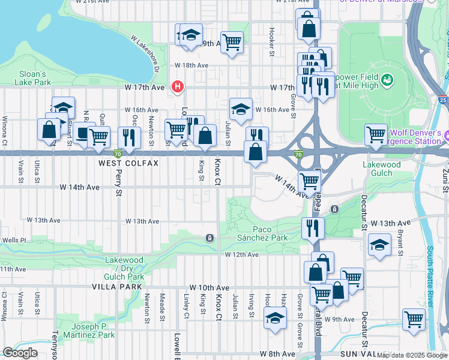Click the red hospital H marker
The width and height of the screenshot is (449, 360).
177,87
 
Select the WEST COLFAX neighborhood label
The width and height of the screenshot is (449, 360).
128,163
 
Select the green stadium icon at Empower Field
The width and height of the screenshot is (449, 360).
387,79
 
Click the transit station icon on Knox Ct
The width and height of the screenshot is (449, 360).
209,238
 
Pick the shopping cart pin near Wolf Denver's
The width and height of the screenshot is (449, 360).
376,134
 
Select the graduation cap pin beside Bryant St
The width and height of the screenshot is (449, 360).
379,245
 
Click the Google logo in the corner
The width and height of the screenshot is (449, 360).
20,353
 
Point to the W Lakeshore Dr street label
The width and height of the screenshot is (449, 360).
145,54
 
